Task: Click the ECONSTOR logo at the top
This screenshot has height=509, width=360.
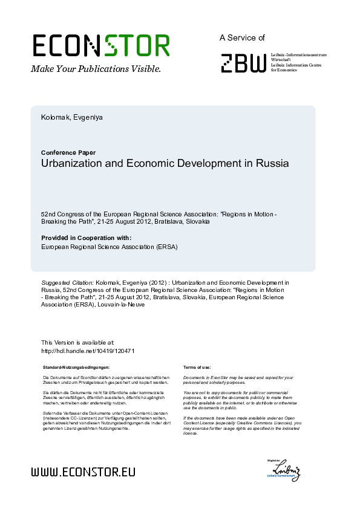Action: click(100, 46)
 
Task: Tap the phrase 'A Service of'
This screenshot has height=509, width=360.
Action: click(242, 37)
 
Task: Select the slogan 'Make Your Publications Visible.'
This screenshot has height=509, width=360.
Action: click(96, 69)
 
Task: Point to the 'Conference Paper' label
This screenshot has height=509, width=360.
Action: click(68, 152)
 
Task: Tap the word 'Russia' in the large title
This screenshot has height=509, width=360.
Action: click(272, 163)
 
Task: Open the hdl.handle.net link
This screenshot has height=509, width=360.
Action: click(87, 351)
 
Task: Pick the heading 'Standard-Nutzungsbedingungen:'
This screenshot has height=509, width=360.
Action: click(76, 368)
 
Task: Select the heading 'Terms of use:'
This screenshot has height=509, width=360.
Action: click(197, 368)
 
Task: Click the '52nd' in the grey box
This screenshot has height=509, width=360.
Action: click(48, 215)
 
